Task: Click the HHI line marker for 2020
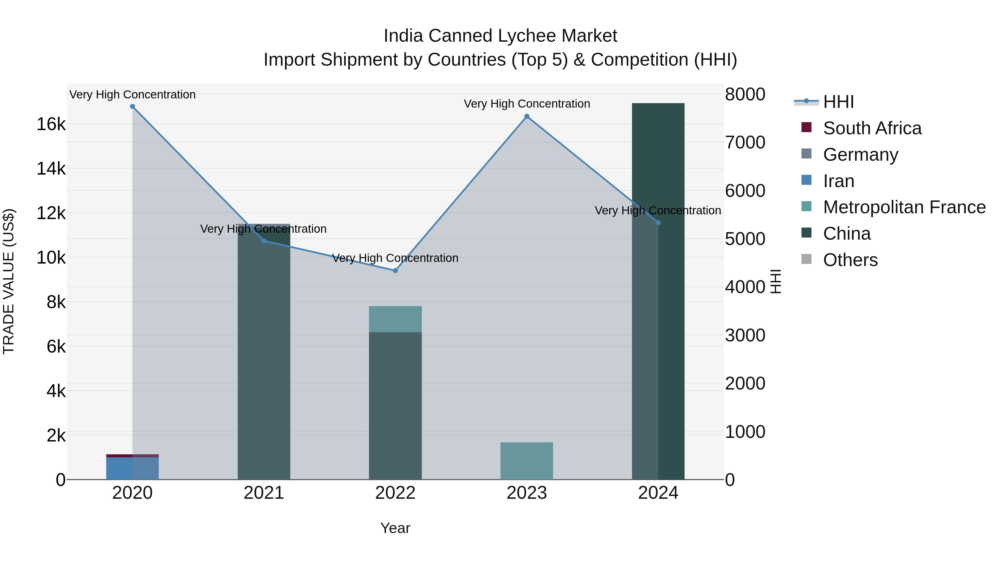133,106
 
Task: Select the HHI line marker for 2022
395,271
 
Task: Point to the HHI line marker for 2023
527,116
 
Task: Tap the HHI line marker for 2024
658,223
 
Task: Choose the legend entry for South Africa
872,128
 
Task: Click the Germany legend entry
860,155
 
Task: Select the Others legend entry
850,260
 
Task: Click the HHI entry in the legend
838,102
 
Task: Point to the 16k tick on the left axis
51,124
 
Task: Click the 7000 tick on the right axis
745,143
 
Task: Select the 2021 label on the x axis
264,493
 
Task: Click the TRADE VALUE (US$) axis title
9,281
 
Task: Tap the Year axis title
395,528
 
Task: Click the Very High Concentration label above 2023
527,104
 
